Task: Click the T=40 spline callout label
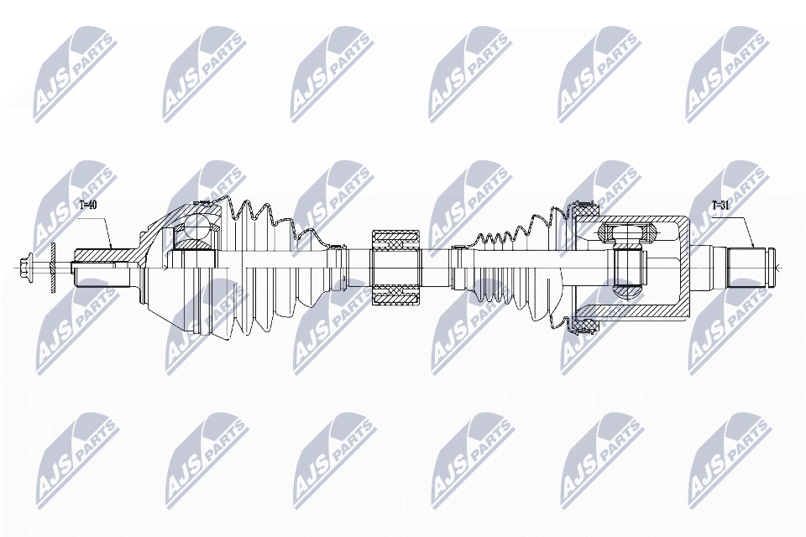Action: click(88, 205)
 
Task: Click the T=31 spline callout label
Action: click(721, 205)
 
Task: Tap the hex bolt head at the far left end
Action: click(24, 268)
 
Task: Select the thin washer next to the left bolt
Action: click(52, 268)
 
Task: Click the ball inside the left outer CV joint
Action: click(197, 227)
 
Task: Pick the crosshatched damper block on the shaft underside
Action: click(395, 295)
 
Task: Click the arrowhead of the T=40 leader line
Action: click(111, 248)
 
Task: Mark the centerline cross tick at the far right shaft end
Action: click(777, 268)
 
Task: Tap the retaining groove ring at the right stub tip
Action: click(766, 268)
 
